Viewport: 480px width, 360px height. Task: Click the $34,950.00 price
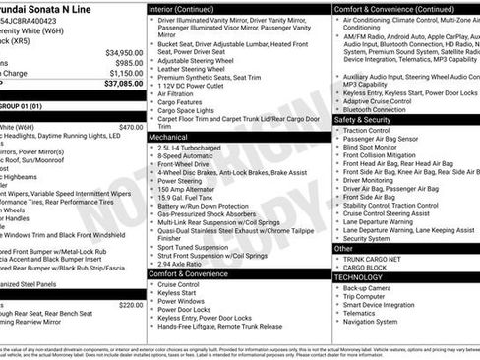[123, 52]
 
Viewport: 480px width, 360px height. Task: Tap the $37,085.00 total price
[123, 84]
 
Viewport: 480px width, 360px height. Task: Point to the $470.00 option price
[130, 127]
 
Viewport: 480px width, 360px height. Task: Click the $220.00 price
[130, 305]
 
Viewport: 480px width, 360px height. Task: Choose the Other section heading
[344, 248]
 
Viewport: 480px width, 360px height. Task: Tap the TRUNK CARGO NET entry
[381, 258]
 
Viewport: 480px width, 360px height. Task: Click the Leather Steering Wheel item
[195, 69]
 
